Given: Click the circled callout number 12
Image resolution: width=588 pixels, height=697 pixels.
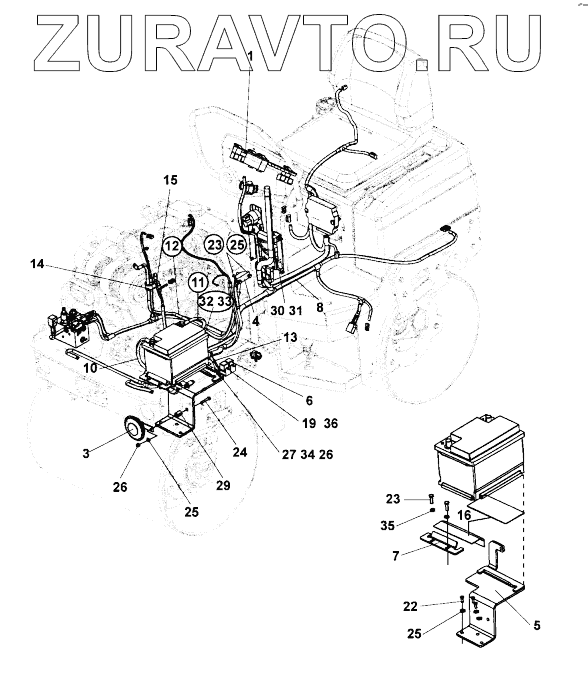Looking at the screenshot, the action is click(x=172, y=246).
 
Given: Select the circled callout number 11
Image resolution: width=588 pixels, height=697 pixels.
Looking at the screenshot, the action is click(x=198, y=283).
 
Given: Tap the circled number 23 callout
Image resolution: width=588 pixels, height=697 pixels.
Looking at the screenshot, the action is click(x=215, y=245).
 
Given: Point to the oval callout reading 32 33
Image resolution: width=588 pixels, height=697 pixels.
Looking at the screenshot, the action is click(x=216, y=302).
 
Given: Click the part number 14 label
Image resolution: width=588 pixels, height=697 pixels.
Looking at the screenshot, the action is click(x=37, y=264).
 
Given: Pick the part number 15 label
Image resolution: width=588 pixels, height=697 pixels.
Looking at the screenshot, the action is click(x=170, y=180).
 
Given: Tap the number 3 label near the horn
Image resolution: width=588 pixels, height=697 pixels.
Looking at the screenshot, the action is click(x=86, y=454).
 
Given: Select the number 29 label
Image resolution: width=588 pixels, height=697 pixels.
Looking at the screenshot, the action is click(x=223, y=485).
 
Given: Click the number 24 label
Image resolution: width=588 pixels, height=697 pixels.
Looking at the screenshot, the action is click(x=240, y=452).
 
